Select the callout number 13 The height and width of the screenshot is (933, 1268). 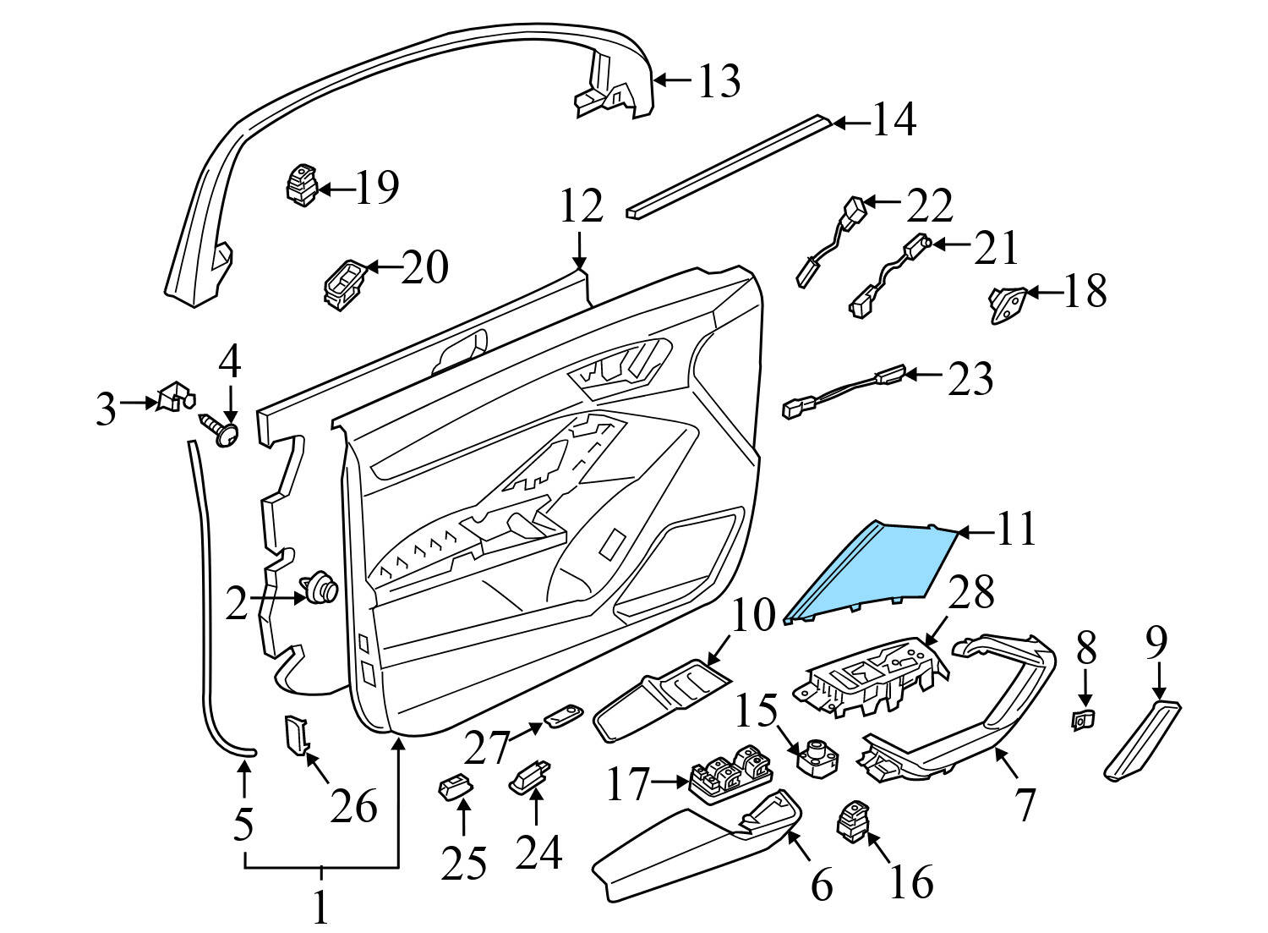click(719, 81)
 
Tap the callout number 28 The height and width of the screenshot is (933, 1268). click(970, 594)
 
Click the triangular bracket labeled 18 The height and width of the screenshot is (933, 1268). click(1008, 304)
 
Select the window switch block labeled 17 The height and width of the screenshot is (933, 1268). click(728, 773)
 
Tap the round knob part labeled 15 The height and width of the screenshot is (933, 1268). click(817, 753)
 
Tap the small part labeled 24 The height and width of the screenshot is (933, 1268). click(530, 774)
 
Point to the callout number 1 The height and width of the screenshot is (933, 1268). click(320, 907)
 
